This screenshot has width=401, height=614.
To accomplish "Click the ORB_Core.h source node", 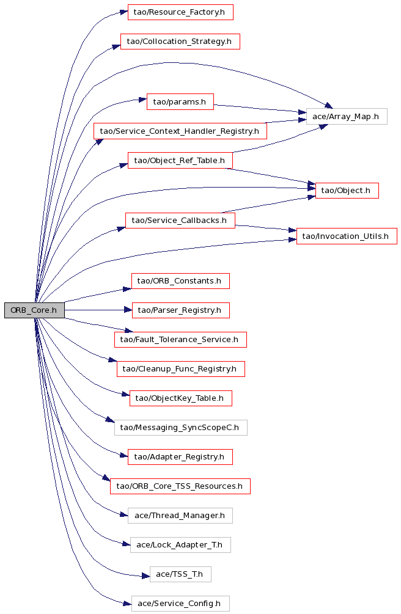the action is [x=34, y=310].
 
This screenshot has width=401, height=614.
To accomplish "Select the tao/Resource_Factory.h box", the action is [x=180, y=12].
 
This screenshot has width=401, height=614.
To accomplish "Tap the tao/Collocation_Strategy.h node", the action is [x=180, y=42].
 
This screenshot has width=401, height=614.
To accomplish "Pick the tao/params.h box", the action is [x=180, y=102].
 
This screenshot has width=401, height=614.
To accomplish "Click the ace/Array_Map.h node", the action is [x=347, y=117].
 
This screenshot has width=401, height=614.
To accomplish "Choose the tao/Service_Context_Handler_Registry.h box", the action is [x=180, y=131].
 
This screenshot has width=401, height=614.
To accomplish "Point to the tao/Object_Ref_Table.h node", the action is [x=180, y=161].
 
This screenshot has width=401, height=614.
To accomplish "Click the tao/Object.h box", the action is [x=347, y=191].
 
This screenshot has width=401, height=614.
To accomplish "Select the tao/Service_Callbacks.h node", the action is [x=180, y=221].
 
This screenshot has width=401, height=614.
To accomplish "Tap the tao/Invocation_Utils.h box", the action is [x=347, y=236].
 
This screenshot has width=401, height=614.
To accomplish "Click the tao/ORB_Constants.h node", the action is [x=180, y=281].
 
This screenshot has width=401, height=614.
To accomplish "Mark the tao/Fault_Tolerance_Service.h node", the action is [x=180, y=340].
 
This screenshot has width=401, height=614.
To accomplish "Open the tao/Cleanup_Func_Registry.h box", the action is [x=181, y=369].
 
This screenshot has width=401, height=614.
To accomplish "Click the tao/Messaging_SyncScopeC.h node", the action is [x=181, y=428].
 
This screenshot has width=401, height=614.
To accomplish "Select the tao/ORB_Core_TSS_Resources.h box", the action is [x=180, y=486].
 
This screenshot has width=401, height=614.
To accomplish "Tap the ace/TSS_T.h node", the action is [x=180, y=574].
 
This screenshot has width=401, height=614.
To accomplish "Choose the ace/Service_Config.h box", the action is [x=180, y=604].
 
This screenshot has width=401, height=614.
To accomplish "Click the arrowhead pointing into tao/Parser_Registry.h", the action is [x=128, y=310].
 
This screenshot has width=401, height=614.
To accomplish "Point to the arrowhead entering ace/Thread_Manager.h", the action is [x=124, y=514].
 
